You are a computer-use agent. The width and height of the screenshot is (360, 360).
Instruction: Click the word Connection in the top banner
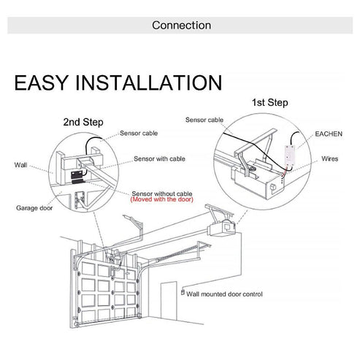pyautogui.click(x=181, y=26)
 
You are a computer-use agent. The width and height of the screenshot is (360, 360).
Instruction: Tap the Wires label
pyautogui.click(x=329, y=158)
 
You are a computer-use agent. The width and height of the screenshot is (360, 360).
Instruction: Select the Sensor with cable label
pyautogui.click(x=158, y=158)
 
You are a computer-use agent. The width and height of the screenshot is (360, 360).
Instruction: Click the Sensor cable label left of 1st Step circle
pyautogui.click(x=204, y=119)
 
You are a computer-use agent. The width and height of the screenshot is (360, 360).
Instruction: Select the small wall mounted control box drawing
pyautogui.click(x=182, y=292)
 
